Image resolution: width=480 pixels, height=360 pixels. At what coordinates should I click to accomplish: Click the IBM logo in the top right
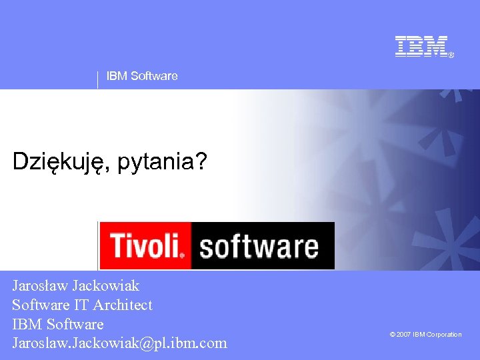[x=421, y=46]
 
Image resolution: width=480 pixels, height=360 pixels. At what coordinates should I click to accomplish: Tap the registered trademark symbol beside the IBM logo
[x=451, y=55]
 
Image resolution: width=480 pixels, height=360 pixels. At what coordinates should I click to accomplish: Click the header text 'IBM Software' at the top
[x=142, y=76]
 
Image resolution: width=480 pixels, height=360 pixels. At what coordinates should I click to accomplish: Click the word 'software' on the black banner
[x=259, y=246]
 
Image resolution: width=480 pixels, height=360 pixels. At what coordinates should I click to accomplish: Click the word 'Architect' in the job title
[x=123, y=305]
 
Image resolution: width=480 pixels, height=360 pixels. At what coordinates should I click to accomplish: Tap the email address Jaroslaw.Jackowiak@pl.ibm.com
[x=119, y=343]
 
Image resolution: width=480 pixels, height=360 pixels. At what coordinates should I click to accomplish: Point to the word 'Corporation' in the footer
[x=444, y=335]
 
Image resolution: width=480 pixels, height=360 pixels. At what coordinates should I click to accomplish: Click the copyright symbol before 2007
[x=393, y=335]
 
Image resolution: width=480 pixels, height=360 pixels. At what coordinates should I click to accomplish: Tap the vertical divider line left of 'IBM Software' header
[x=98, y=80]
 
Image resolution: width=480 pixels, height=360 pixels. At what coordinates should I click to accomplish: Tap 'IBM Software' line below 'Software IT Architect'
[x=58, y=325]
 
